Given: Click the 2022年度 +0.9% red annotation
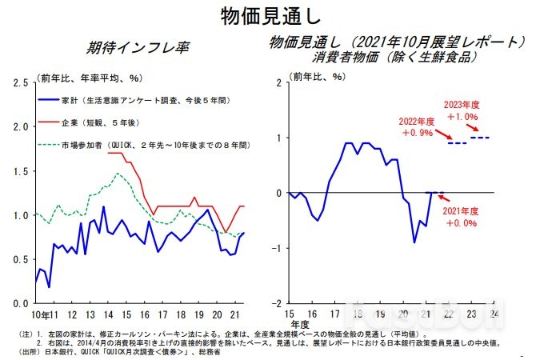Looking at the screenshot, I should click(417, 126).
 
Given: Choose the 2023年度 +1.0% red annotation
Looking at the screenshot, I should click(462, 110).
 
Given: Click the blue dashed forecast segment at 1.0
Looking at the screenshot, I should click(480, 138).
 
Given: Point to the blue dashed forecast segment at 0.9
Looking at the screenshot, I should click(457, 143).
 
